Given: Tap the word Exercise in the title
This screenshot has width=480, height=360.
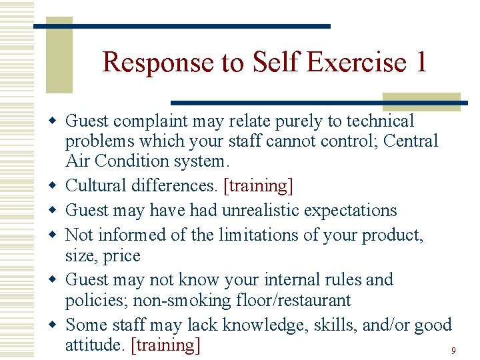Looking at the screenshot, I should (x=361, y=62).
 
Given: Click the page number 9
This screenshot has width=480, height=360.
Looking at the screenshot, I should (x=453, y=350).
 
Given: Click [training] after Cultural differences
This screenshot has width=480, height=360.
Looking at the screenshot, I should (x=260, y=185).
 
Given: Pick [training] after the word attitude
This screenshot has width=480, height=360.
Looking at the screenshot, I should (x=166, y=345).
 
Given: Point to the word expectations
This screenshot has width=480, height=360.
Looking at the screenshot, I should (x=350, y=210).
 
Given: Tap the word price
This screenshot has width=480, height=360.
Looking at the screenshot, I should (x=122, y=256).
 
